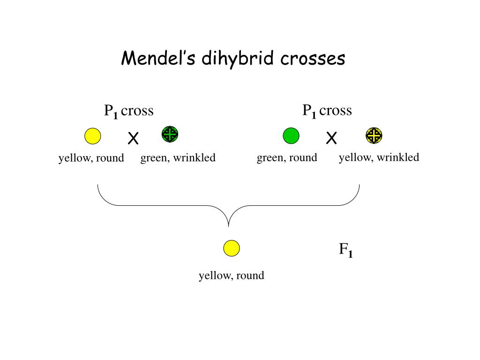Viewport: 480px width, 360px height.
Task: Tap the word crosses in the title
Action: point(313,59)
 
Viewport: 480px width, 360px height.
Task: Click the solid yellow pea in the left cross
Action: point(93,136)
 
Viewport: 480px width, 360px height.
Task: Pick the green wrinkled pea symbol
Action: point(170,135)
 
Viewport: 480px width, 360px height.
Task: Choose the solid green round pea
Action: point(291,135)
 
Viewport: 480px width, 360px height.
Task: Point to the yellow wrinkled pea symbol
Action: point(374,135)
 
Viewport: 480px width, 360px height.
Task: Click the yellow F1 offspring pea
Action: point(232,248)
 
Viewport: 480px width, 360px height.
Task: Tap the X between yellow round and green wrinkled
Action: point(134,139)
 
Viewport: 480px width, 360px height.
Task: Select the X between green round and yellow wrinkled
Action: point(331,138)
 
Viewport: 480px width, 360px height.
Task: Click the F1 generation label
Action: point(345,250)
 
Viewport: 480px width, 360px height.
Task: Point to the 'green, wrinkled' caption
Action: point(178,158)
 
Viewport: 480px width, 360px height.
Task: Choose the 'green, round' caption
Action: point(287,157)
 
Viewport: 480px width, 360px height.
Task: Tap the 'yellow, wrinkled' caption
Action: point(379,157)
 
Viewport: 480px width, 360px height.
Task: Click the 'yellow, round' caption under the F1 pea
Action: point(231,276)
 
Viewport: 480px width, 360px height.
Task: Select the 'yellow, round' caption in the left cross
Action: point(91,158)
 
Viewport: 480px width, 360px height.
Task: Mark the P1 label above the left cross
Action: point(111,112)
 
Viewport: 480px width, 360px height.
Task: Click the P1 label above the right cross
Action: point(309,112)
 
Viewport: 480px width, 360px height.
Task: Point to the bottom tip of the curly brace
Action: point(229,226)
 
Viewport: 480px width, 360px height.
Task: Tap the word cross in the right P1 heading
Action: point(335,111)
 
